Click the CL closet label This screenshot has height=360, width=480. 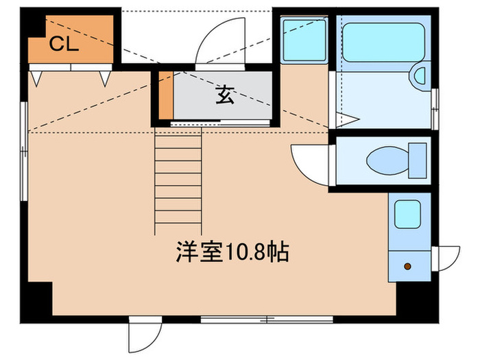pyautogui.click(x=65, y=45)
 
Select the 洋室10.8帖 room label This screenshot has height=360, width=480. pyautogui.click(x=231, y=252)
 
